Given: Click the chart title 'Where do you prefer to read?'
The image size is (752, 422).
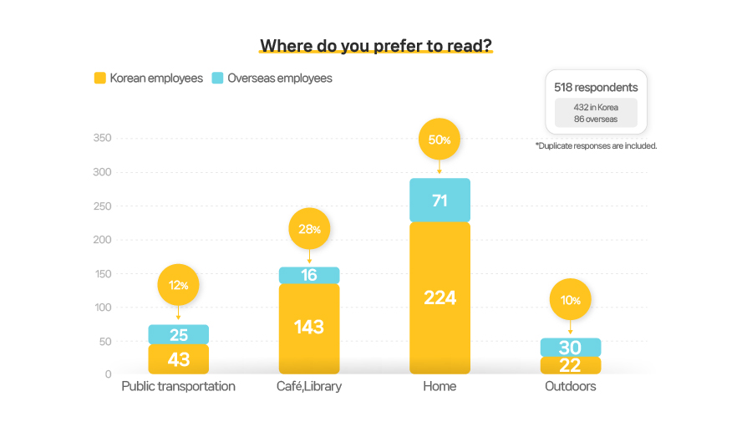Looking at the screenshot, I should click(x=376, y=45).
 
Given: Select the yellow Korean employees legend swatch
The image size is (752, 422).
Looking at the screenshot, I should click(x=99, y=79).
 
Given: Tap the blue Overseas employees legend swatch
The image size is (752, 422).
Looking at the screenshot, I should click(x=217, y=79).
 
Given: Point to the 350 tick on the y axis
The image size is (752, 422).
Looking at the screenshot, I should click(x=101, y=138).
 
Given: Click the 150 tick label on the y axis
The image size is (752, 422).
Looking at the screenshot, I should click(x=101, y=273).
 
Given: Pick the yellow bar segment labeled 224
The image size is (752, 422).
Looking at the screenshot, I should click(x=440, y=297).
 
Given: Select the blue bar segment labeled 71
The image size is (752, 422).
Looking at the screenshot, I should click(x=440, y=201).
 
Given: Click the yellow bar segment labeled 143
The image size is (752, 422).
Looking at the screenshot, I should click(x=309, y=327).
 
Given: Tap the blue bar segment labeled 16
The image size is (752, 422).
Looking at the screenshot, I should click(x=309, y=275).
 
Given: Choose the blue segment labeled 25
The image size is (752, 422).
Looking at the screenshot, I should click(x=179, y=335).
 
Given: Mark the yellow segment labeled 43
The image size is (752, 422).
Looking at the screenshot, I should click(x=179, y=359).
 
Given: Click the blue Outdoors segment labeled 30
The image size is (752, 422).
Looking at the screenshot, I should click(x=570, y=348).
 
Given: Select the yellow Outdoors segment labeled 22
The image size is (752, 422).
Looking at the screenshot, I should click(x=570, y=365).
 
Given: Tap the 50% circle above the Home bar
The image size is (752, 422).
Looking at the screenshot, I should click(x=440, y=140).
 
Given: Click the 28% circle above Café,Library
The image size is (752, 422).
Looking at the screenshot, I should click(x=309, y=229).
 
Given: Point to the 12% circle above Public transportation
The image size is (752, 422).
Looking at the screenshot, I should click(x=179, y=285).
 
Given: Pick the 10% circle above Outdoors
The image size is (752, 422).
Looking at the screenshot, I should click(x=570, y=300).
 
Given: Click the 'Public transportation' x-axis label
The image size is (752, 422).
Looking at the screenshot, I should click(x=179, y=387).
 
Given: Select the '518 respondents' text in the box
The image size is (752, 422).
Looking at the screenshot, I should click(x=596, y=87).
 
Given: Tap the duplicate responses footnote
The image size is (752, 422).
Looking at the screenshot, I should click(x=596, y=145).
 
